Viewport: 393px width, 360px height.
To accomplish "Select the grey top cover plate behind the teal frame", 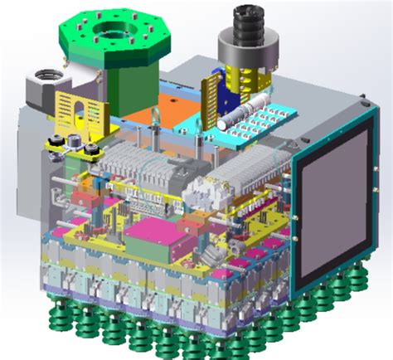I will (315, 91).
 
